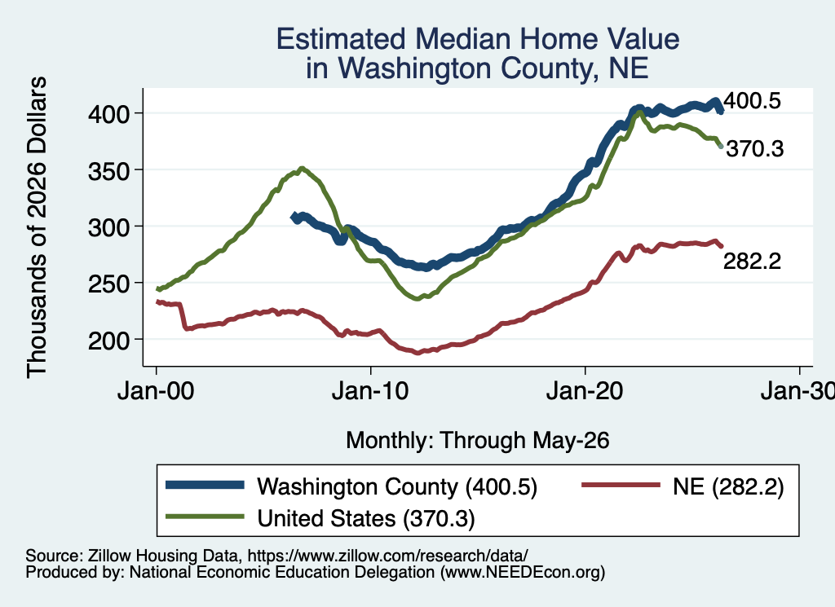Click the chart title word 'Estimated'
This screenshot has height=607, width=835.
click(341, 39)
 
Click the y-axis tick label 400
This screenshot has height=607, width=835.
click(109, 114)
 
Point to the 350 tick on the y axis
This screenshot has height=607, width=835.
click(109, 171)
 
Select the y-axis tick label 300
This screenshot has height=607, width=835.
click(109, 227)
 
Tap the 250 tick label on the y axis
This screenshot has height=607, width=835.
click(109, 284)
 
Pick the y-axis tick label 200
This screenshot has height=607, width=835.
click(109, 341)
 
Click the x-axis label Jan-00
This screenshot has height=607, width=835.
click(156, 392)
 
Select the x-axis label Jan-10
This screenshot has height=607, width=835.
click(371, 392)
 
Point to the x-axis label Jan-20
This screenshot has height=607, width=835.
click(585, 392)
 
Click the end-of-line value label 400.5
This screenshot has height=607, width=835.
click(753, 100)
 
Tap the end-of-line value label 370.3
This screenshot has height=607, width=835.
click(755, 149)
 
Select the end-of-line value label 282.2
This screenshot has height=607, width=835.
click(753, 262)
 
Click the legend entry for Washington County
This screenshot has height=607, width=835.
click(351, 486)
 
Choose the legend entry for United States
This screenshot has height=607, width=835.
click(320, 518)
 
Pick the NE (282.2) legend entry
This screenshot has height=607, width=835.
click(683, 486)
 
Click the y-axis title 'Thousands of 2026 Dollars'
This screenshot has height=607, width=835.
click(37, 227)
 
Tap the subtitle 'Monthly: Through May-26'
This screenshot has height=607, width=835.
click(478, 441)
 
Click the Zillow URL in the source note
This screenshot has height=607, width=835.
click(387, 556)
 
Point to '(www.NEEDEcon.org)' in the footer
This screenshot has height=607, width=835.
click(523, 573)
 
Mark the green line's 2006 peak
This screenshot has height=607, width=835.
click(302, 169)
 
